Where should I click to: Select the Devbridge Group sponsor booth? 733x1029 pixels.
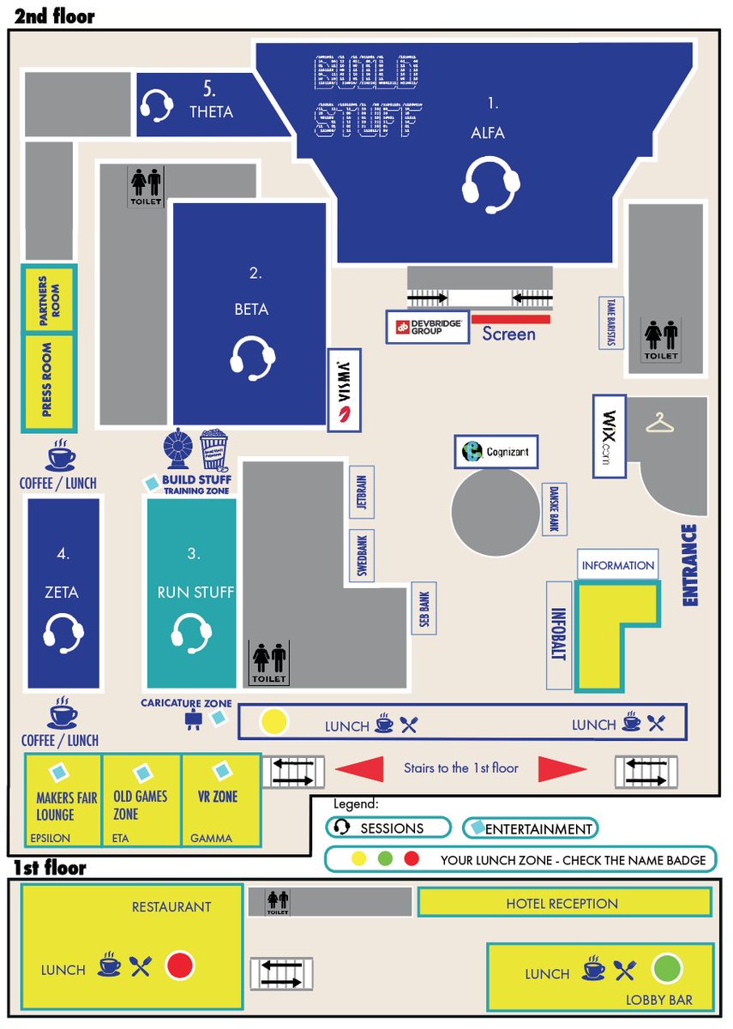[x=427, y=327]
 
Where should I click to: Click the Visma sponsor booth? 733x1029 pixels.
[x=345, y=389]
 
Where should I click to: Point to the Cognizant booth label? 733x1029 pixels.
[x=496, y=451]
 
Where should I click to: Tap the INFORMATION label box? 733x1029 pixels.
[x=617, y=565]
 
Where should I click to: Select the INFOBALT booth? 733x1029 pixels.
[x=559, y=635]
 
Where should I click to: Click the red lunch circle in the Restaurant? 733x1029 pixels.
[x=179, y=966]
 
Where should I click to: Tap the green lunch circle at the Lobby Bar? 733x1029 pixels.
[x=666, y=969]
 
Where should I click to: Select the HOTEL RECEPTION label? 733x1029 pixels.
[x=562, y=903]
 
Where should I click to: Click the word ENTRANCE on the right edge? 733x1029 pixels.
[x=689, y=567]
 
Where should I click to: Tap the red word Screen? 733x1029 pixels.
[x=508, y=334]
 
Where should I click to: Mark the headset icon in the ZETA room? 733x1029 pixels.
[x=63, y=635]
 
